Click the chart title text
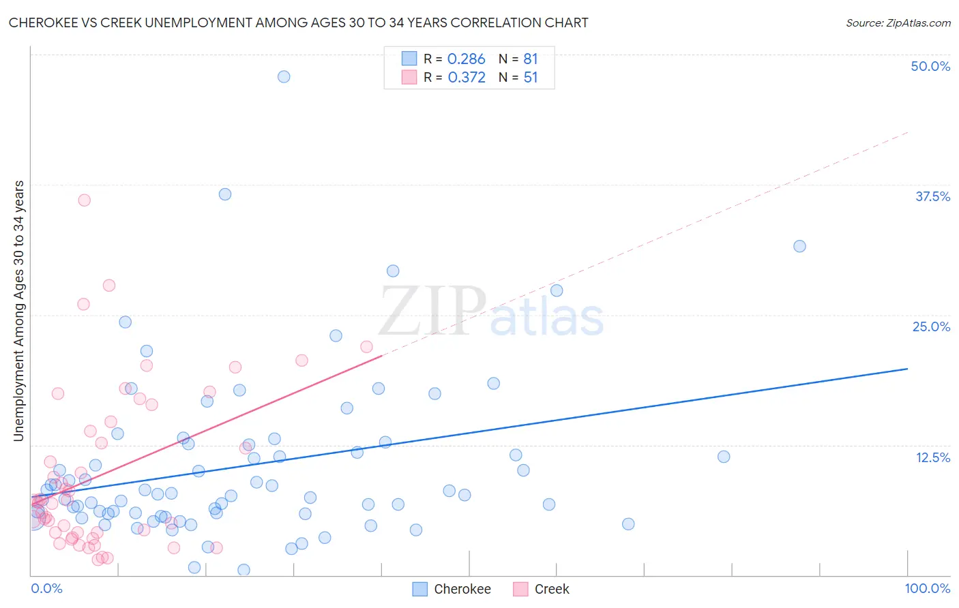click(x=298, y=22)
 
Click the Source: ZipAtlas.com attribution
click(x=898, y=22)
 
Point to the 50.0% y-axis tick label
click(x=930, y=66)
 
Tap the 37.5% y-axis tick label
click(x=932, y=196)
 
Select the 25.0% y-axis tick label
click(x=931, y=326)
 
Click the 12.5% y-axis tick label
click(x=932, y=457)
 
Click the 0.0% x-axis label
click(x=47, y=588)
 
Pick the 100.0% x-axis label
click(x=927, y=588)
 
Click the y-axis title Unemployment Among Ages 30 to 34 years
click(x=19, y=311)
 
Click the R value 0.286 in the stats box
click(x=466, y=59)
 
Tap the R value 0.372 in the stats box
click(x=467, y=78)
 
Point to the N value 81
click(x=531, y=59)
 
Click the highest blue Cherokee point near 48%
click(x=284, y=76)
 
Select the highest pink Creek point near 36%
click(x=84, y=200)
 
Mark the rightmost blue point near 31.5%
click(x=799, y=246)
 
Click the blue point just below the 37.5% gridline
click(x=224, y=194)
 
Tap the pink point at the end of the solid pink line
click(x=366, y=347)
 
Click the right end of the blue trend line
click(x=907, y=368)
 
